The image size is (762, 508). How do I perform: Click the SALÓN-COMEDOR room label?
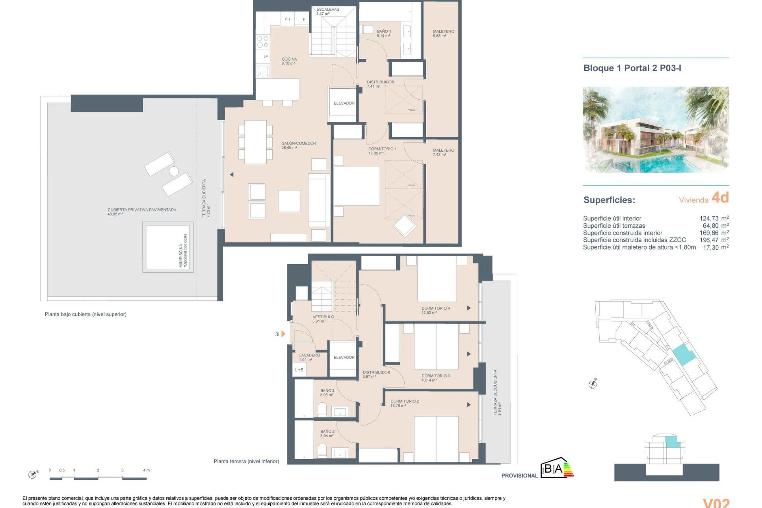pos(298,145)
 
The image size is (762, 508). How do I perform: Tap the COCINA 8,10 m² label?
pos(289,61)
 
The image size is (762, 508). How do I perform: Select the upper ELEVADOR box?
pos(344,104)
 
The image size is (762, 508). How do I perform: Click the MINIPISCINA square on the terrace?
pos(167,247)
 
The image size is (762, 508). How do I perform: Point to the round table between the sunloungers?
pos(174,171)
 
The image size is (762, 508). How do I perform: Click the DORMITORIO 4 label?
pos(435,310)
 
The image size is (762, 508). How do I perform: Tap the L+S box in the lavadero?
pos(299,370)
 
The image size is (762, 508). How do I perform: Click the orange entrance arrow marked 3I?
pos(283,334)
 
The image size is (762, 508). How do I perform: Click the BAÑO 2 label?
pos(327,433)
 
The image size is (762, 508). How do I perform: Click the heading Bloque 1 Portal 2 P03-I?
pos(632,68)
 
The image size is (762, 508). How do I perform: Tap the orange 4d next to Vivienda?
pos(720,198)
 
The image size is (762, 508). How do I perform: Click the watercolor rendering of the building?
pos(656,129)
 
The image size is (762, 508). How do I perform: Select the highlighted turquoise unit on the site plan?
pos(683,355)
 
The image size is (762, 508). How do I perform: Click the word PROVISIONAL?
pos(519,475)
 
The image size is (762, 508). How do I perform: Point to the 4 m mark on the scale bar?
pos(146,471)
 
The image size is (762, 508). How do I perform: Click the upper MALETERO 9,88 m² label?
pos(443,33)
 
